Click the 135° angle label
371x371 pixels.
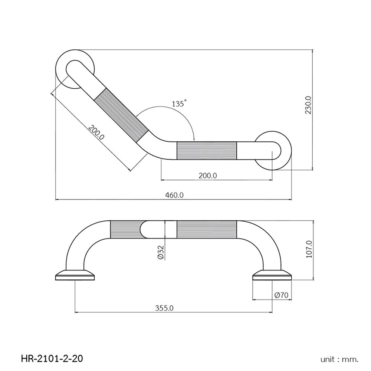178,104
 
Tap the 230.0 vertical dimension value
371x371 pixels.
308,105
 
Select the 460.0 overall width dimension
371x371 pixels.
174,195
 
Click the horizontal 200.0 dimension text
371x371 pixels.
207,175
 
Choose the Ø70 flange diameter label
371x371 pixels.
282,295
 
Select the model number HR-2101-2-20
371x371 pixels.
52,358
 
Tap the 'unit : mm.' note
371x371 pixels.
339,359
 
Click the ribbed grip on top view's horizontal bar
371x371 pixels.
207,150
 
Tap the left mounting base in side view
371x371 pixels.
76,275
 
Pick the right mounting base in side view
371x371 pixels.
272,275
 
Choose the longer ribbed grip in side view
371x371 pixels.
207,229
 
